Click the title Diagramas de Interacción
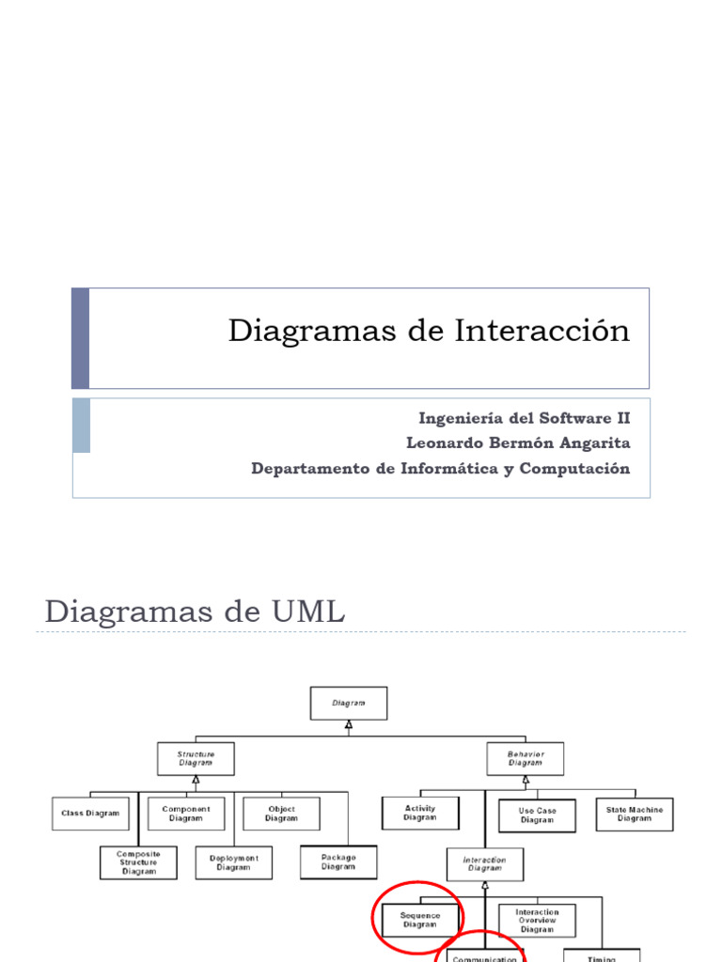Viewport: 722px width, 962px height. point(429,332)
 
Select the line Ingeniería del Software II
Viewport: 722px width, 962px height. point(524,417)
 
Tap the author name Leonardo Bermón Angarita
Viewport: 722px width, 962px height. point(518,442)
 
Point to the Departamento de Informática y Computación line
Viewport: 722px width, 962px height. point(441,468)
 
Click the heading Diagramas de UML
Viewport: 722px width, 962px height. point(195,613)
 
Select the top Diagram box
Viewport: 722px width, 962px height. point(348,702)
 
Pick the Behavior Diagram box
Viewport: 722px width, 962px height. point(526,758)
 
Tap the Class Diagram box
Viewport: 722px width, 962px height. point(90,813)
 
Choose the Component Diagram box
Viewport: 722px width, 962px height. point(186,813)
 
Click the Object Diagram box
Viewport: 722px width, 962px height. point(281,813)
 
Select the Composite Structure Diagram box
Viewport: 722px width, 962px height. point(139,862)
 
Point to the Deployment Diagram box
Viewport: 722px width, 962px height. point(233,862)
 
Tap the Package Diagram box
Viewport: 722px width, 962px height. point(338,861)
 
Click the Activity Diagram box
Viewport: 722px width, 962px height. point(420,813)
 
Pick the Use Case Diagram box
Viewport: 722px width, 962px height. point(537,815)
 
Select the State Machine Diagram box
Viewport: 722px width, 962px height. point(635,814)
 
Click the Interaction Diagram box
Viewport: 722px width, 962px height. point(485,864)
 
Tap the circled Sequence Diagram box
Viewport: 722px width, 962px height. point(420,920)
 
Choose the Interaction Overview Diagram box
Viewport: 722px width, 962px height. point(537,920)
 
